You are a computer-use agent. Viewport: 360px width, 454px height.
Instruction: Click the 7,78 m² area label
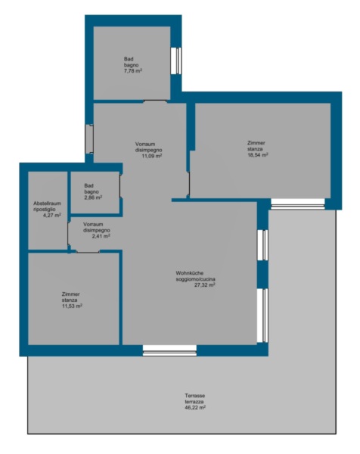133,70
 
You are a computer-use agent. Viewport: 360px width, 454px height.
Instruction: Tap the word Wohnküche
190,273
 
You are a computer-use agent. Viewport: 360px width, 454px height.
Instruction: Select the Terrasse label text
195,396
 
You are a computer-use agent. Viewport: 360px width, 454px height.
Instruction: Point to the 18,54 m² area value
258,155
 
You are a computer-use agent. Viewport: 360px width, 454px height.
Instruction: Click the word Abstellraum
47,204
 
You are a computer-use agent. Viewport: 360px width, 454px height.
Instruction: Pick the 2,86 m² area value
93,197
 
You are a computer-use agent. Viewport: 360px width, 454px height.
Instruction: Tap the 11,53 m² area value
72,306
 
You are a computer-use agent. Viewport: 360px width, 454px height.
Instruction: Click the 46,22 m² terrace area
195,408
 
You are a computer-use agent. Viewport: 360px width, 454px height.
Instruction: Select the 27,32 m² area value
204,285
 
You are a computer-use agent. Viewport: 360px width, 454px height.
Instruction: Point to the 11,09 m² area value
151,156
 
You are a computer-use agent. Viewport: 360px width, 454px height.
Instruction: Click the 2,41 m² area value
101,236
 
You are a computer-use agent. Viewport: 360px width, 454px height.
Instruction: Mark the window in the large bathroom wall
176,61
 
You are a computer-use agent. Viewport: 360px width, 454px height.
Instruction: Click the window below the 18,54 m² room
297,204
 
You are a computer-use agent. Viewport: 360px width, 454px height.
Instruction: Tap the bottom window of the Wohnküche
169,350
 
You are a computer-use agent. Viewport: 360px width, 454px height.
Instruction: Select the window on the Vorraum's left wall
89,139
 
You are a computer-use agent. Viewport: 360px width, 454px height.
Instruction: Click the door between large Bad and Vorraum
155,101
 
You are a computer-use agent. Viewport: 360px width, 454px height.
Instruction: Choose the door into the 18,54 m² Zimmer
188,183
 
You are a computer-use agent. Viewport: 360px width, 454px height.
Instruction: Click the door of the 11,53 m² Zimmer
88,251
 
